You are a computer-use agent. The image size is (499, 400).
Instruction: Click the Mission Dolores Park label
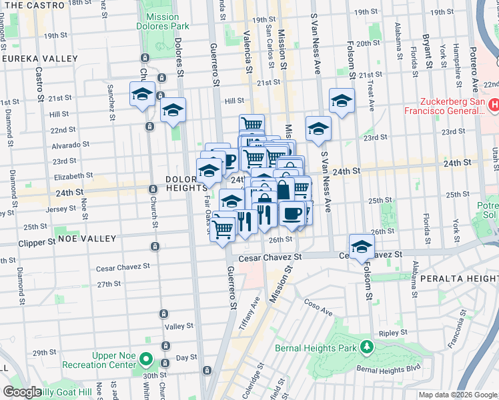[x=161, y=22]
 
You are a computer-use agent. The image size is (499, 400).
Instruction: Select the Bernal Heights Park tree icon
[x=366, y=347]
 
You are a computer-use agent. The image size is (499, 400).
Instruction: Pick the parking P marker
[x=228, y=160]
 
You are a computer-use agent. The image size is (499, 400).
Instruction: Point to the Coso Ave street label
[x=320, y=310]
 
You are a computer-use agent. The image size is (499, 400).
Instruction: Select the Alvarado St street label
[x=70, y=144]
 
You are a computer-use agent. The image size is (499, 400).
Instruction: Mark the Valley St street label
[x=179, y=327]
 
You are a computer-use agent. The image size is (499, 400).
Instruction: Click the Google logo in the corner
[x=22, y=392]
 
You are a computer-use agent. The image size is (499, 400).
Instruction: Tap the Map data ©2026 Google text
[x=457, y=395]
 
